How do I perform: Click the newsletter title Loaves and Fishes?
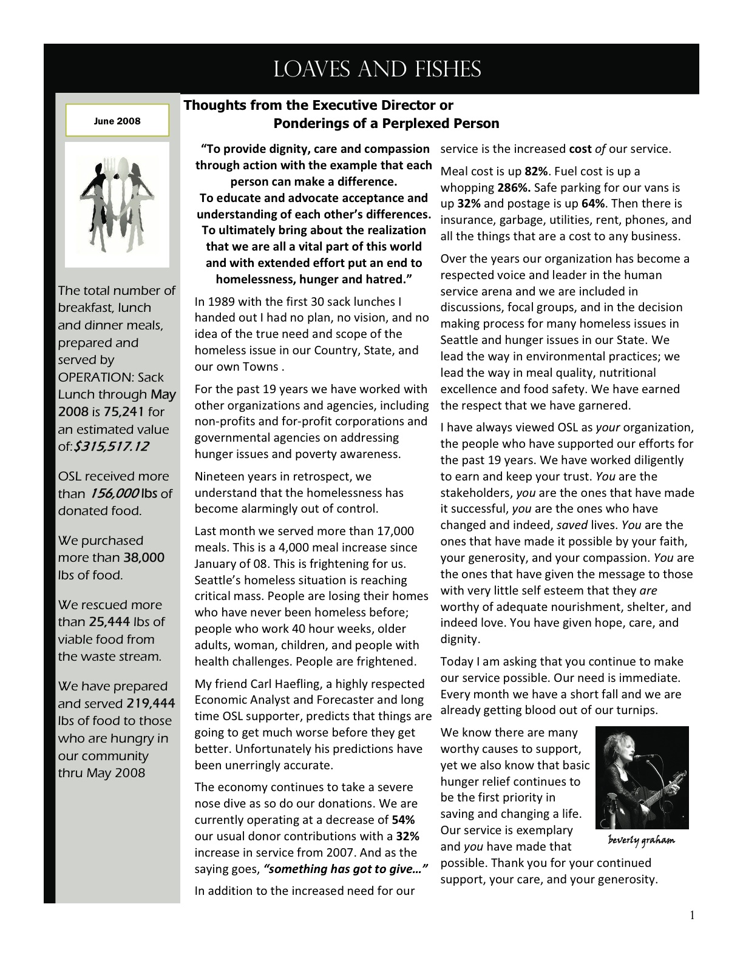click(377, 70)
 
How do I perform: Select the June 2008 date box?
click(117, 121)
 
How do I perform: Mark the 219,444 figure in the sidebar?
click(151, 704)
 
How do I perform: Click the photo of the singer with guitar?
click(642, 777)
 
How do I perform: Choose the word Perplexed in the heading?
click(422, 124)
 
